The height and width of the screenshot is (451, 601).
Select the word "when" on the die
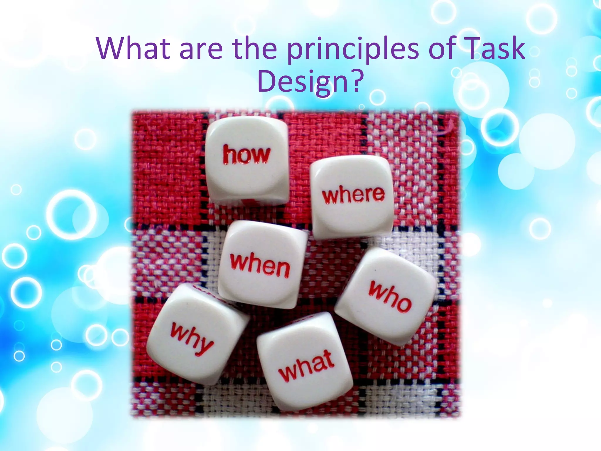coord(260,265)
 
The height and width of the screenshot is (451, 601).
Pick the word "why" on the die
coord(191,338)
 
